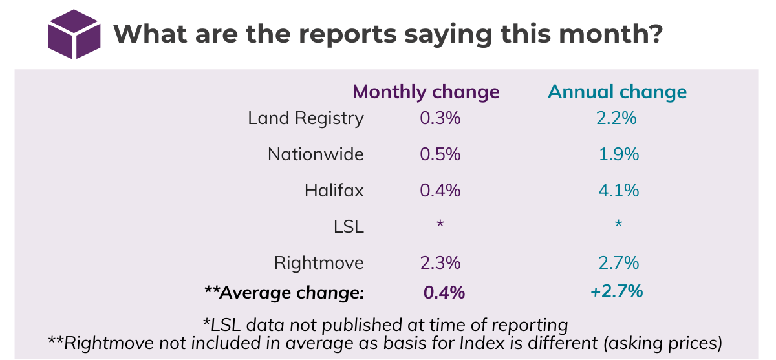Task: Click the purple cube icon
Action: point(75,34)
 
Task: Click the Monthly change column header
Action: point(426,92)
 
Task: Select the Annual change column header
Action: point(617,92)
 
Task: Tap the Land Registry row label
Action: point(306,119)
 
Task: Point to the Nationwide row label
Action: point(316,155)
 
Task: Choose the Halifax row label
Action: point(334,191)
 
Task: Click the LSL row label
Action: point(350,228)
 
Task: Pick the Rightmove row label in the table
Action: point(319,264)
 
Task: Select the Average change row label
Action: point(284,293)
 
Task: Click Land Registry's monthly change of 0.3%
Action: point(439,119)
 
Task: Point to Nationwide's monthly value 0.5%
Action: point(439,155)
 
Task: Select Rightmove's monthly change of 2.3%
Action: point(439,264)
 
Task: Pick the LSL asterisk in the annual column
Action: point(618,224)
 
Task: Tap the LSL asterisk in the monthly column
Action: point(440,224)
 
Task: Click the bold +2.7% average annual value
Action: point(616,292)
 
